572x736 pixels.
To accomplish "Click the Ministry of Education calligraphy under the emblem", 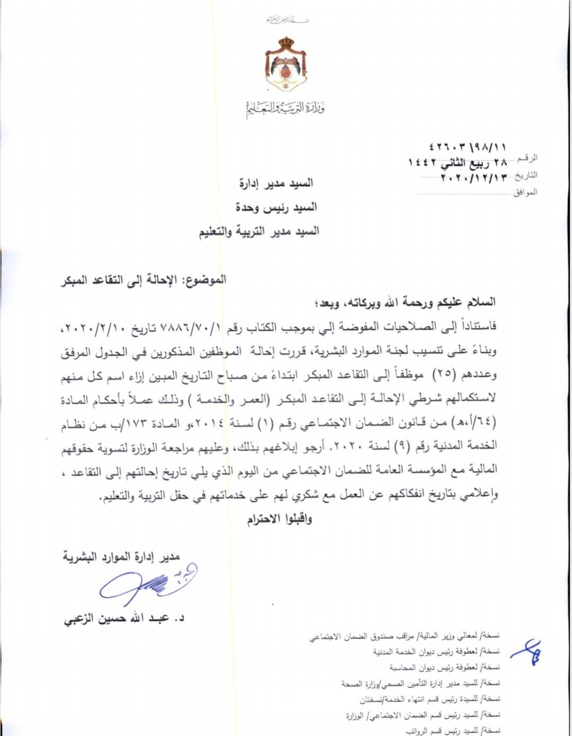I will (285, 109).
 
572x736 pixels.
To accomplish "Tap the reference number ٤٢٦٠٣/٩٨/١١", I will (467, 147).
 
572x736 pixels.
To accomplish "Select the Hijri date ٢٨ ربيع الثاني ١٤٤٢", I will (458, 162).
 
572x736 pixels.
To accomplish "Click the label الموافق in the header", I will (525, 192).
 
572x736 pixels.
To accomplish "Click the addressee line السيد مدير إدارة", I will (276, 183).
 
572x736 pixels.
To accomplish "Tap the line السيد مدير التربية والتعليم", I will (259, 232).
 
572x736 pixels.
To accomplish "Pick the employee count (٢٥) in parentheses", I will (441, 374).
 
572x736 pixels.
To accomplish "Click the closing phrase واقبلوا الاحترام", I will (279, 519).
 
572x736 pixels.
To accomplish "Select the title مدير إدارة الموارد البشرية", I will (121, 556).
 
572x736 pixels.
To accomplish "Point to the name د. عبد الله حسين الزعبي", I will (124, 618).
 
